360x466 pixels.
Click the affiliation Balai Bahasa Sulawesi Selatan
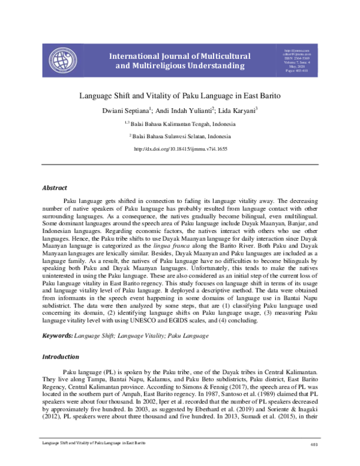point(182,137)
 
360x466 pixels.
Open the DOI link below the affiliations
point(180,148)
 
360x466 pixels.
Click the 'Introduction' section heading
point(60,357)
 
